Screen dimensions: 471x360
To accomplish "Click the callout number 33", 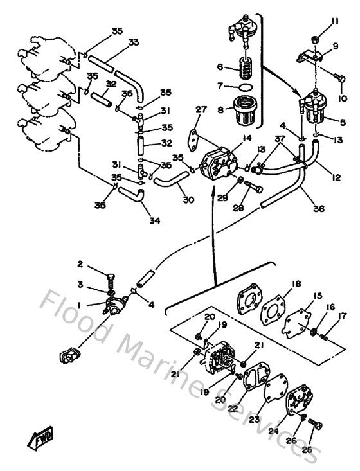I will pyautogui.click(x=134, y=43).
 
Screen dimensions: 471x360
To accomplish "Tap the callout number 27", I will pyautogui.click(x=201, y=110).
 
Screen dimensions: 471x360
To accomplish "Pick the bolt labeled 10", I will pyautogui.click(x=341, y=79).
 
